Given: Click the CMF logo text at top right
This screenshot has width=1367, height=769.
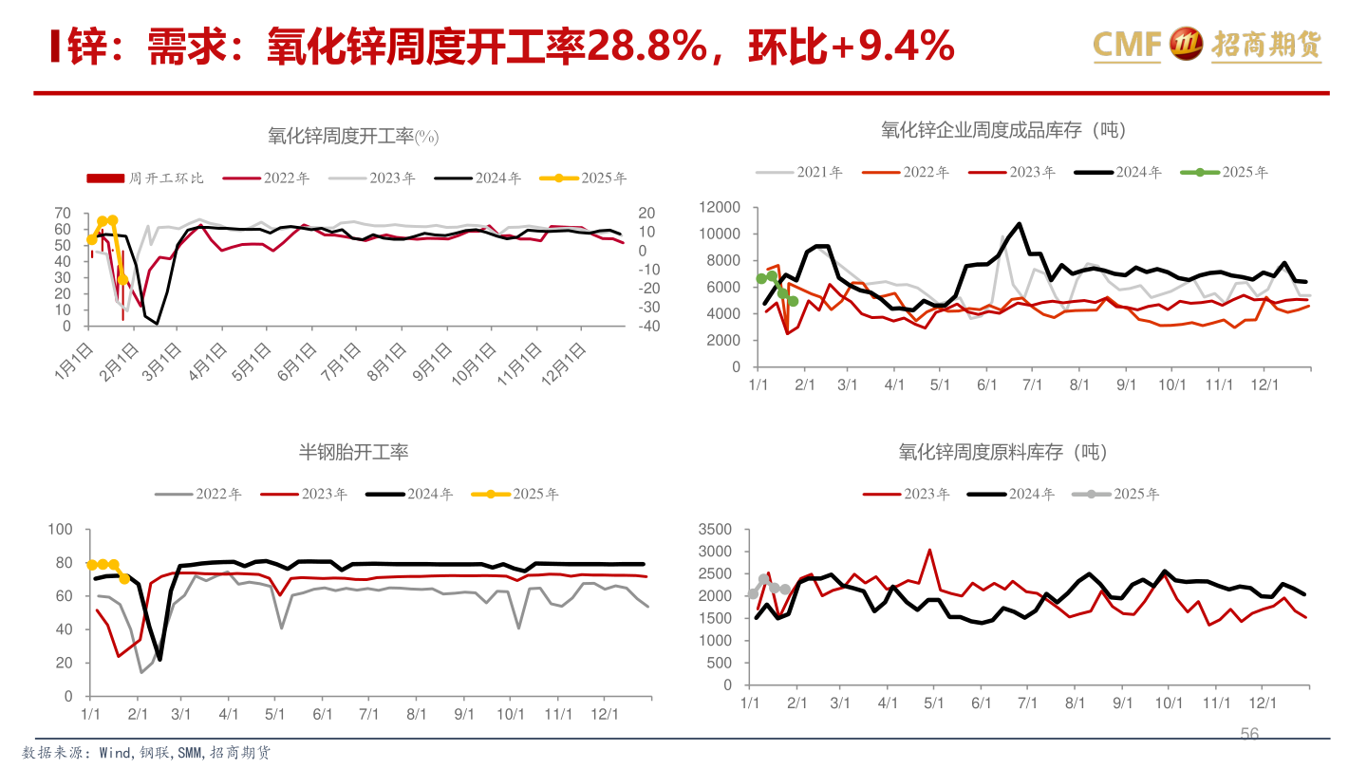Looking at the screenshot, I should pos(1128,43).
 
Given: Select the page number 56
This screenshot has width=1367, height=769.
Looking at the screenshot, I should pos(1249,734).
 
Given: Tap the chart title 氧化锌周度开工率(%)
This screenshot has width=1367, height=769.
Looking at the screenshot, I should pos(352,137).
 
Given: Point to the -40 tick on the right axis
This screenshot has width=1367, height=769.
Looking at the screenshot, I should pos(649,326).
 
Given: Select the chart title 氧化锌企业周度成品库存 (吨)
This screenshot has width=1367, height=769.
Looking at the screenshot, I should pos(1002,130).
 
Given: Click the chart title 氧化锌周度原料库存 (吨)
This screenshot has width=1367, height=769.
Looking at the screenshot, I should pos(1002,452).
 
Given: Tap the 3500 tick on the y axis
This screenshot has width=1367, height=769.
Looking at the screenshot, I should pos(715,529).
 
